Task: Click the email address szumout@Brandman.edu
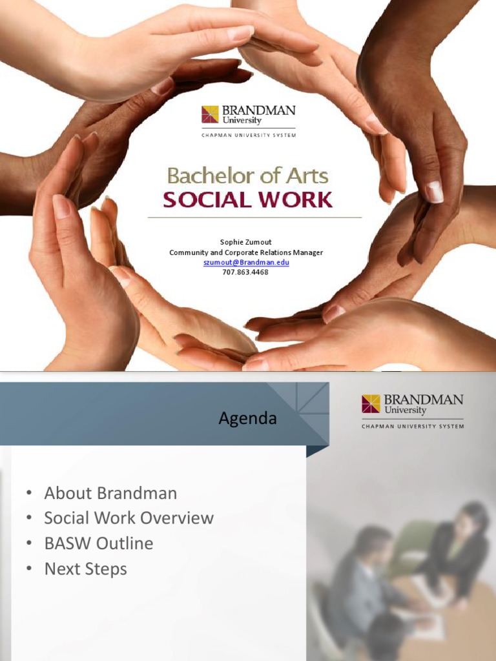246,263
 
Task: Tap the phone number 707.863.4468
246,272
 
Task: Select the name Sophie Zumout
246,243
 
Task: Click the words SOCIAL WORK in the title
248,199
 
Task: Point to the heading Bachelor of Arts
248,176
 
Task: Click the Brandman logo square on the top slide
210,114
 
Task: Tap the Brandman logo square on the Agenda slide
371,403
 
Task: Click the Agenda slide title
248,418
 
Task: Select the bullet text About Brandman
110,493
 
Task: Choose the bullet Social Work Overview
129,518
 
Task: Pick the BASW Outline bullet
99,544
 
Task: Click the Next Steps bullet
85,569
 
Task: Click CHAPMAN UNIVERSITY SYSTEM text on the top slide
249,134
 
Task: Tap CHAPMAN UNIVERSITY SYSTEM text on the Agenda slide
413,426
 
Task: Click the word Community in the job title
190,252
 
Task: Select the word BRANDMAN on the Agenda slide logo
424,400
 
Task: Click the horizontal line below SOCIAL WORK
254,218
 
